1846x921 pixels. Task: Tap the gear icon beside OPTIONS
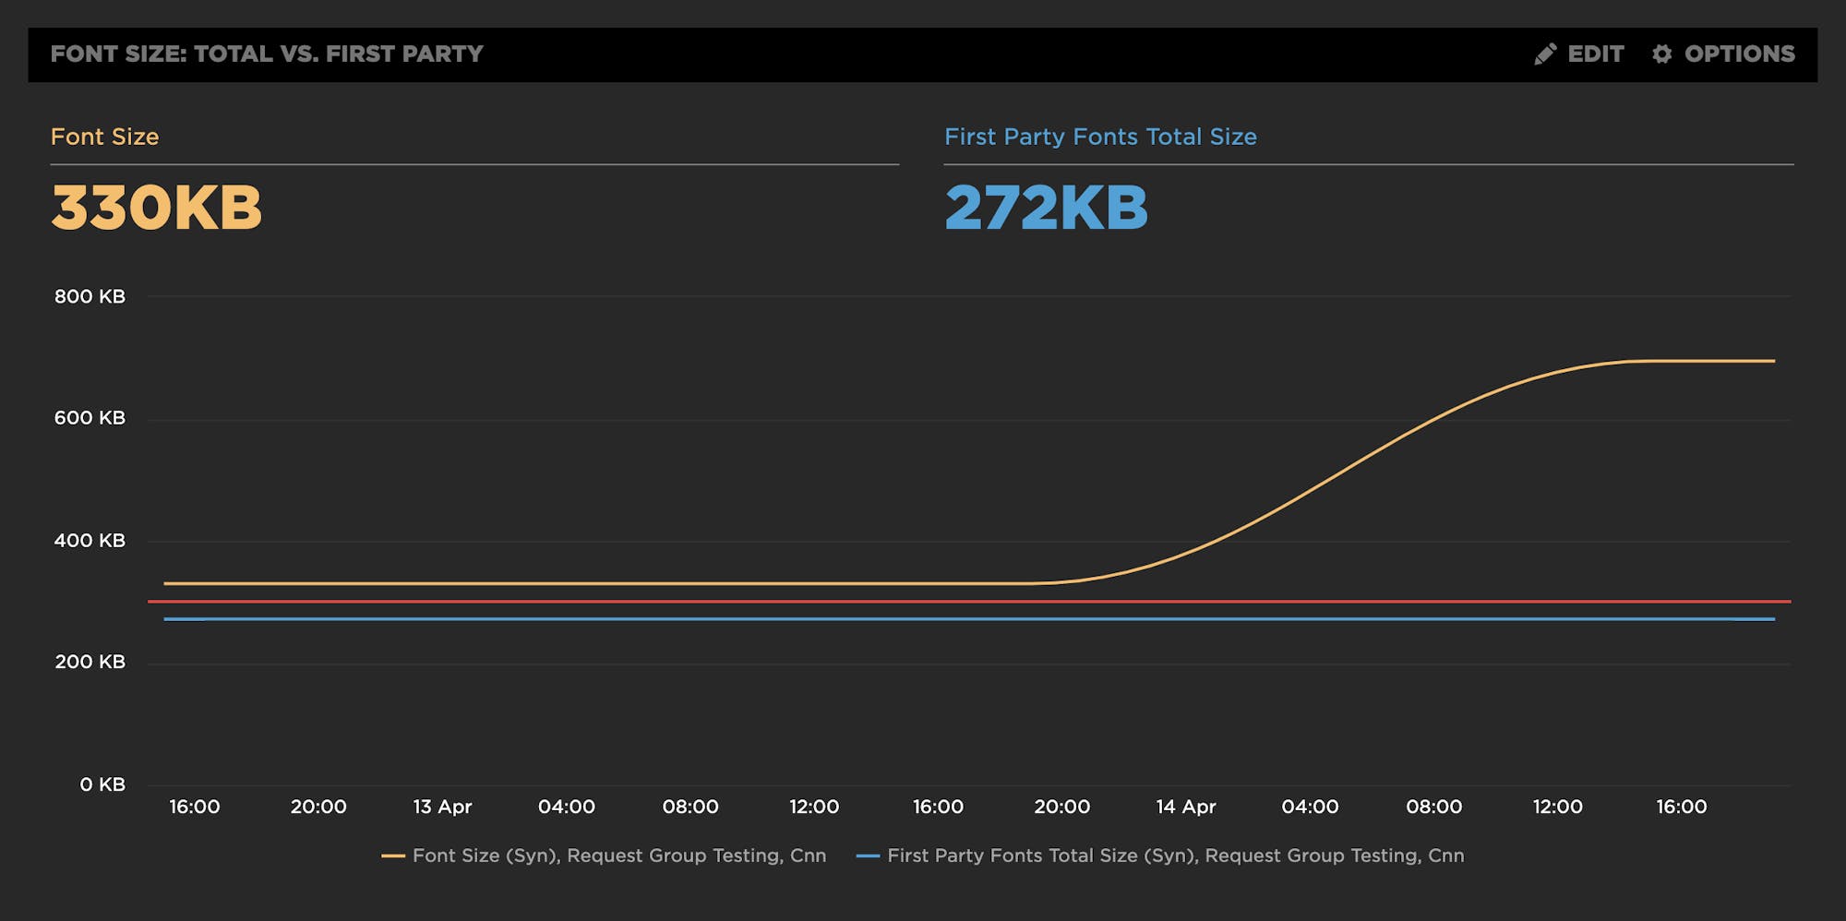pos(1661,54)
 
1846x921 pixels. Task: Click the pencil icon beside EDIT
pos(1545,54)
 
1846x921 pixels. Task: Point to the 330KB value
pos(157,207)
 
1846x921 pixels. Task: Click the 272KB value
pos(1046,207)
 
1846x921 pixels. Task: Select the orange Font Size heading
pos(104,137)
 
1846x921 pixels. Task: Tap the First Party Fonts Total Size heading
pos(1100,137)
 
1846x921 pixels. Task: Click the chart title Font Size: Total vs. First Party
pos(267,54)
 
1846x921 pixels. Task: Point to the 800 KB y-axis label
pos(90,296)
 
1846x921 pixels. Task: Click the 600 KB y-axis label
pos(90,418)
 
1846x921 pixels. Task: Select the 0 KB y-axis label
pos(102,784)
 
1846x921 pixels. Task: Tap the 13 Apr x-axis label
pos(442,807)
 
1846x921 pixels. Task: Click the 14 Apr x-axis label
pos(1186,807)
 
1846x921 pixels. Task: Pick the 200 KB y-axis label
pos(90,662)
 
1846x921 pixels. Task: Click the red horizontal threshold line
pos(923,602)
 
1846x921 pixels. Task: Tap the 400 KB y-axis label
pos(90,541)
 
